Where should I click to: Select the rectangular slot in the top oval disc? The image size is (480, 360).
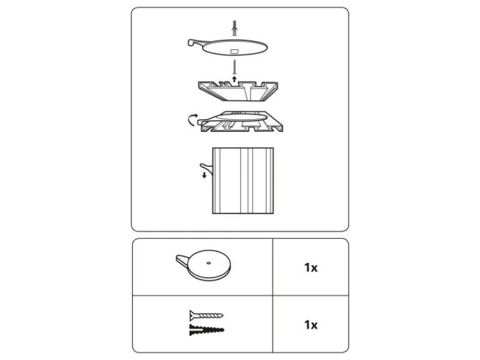(234, 51)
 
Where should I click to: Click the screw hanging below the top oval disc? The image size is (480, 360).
(235, 67)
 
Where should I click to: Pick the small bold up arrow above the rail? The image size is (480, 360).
(235, 79)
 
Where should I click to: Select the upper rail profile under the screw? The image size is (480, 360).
(238, 91)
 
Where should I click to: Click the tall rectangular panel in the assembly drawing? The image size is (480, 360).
(243, 181)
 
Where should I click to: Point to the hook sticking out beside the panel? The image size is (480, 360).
(206, 169)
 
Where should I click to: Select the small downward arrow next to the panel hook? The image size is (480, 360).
(204, 175)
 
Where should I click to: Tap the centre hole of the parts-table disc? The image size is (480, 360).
(209, 263)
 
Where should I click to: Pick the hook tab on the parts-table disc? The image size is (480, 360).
(182, 260)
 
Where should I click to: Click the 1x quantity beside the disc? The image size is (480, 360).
(311, 268)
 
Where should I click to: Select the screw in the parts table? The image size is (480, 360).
(206, 315)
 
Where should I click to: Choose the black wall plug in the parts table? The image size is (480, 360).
(206, 329)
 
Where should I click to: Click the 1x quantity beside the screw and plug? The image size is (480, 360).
(311, 325)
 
